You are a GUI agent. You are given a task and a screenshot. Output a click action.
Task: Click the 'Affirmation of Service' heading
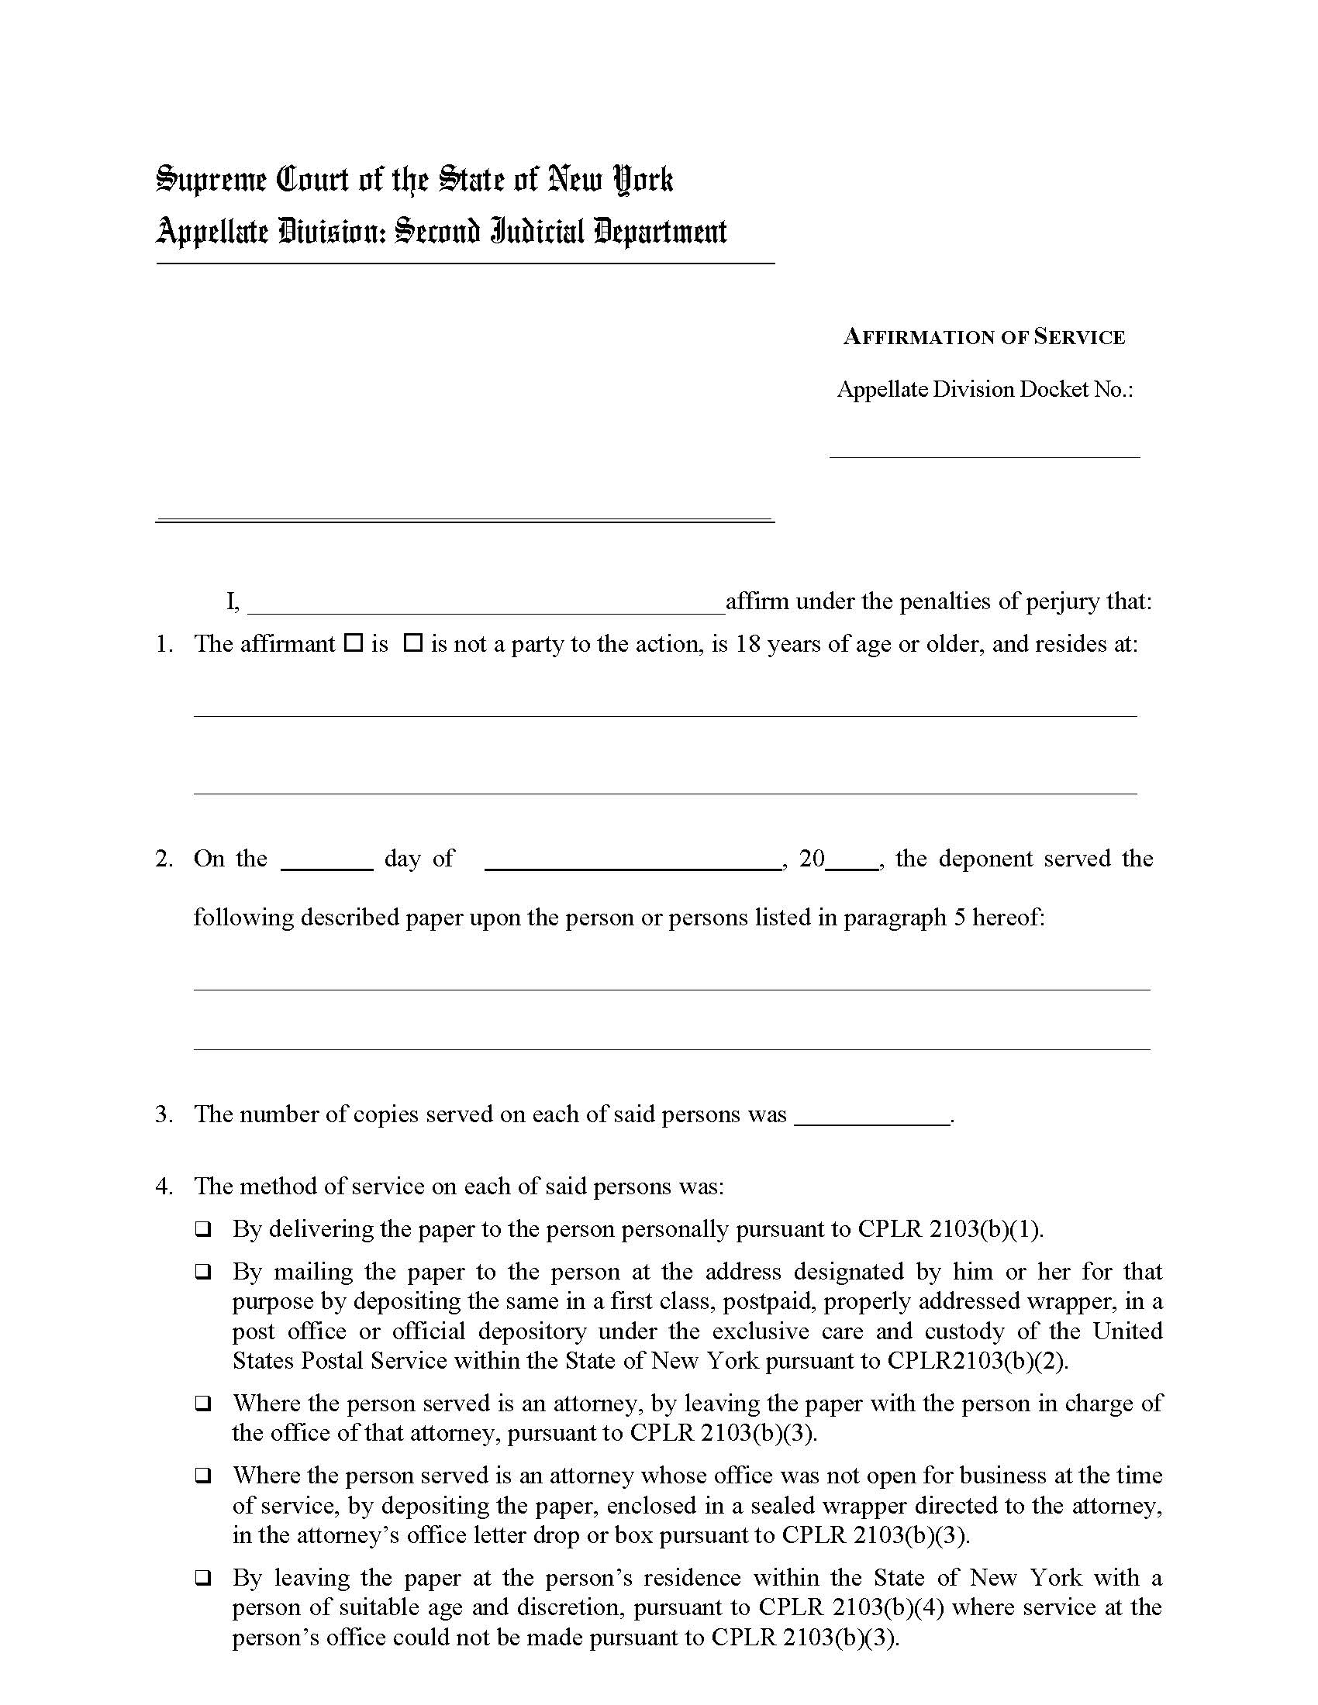[984, 337]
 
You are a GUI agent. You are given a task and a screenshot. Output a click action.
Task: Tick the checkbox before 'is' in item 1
[354, 643]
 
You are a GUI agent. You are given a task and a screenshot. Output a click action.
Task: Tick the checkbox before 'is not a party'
[413, 643]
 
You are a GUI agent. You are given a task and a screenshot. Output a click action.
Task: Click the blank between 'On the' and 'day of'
[326, 860]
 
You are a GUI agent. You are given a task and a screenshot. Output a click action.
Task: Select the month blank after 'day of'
[633, 860]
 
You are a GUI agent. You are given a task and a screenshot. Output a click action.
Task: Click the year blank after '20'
[852, 860]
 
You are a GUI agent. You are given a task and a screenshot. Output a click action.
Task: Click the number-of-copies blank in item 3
[872, 1116]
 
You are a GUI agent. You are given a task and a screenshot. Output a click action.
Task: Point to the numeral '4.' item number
[164, 1187]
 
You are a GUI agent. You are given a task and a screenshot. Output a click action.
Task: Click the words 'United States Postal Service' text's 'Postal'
[333, 1361]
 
